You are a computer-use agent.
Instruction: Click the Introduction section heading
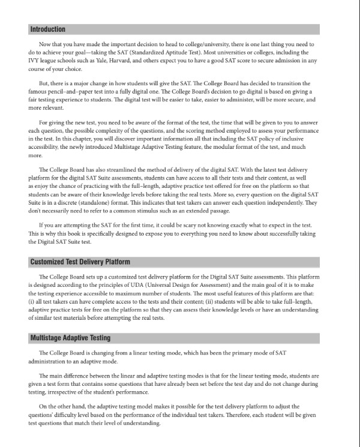[47, 29]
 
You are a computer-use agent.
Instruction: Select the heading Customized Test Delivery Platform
[80, 262]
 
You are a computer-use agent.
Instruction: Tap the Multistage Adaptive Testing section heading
[70, 338]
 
